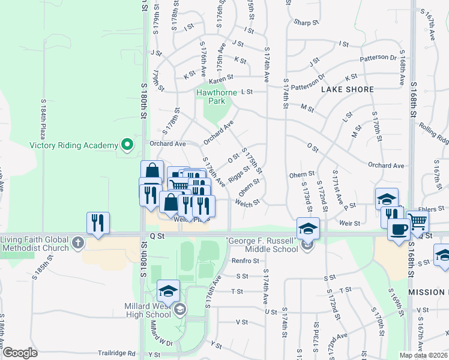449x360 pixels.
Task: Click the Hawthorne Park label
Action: [x=217, y=97]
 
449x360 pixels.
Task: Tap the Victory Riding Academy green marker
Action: [x=127, y=145]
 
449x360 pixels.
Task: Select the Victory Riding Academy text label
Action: [x=74, y=145]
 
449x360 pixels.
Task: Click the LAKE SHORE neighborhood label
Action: [x=348, y=89]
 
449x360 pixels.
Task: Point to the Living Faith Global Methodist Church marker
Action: [x=77, y=242]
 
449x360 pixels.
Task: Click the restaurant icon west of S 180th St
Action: [x=97, y=223]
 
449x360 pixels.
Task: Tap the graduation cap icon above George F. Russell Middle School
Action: [x=308, y=228]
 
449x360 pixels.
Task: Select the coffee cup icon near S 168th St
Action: [x=398, y=229]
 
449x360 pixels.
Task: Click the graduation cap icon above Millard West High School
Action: [x=168, y=292]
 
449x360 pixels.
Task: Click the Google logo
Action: [x=20, y=353]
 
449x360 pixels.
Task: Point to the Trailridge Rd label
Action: [x=119, y=354]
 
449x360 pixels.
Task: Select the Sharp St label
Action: [x=306, y=22]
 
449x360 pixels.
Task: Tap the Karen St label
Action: [x=221, y=77]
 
